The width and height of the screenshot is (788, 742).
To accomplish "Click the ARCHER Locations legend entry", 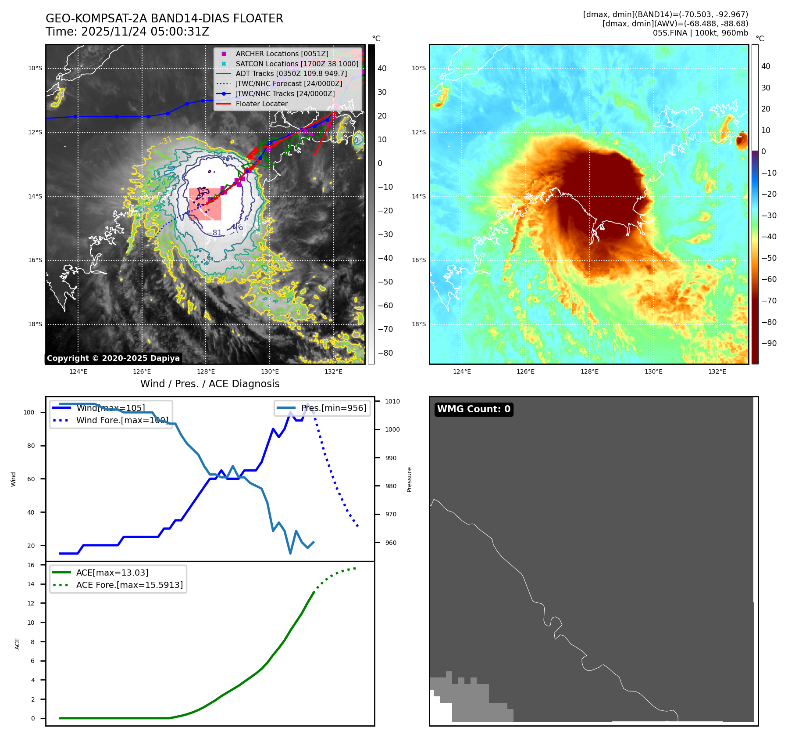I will tap(282, 54).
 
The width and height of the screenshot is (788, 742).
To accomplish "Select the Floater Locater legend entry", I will tap(261, 104).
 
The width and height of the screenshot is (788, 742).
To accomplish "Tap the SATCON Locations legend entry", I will tap(296, 64).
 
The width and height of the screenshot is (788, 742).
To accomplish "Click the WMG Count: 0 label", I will tap(474, 409).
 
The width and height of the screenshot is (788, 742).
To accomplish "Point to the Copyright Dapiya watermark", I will tap(113, 358).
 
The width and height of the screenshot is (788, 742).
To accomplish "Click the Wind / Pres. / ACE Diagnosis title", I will tap(210, 384).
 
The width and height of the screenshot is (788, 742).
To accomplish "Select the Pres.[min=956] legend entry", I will tap(333, 408).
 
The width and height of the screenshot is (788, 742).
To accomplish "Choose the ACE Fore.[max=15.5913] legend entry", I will tap(129, 585).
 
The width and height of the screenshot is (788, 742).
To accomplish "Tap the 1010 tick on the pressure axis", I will tap(392, 401).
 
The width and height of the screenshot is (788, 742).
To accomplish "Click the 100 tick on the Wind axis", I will tap(29, 412).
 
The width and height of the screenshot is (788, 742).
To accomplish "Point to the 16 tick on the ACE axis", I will tap(31, 565).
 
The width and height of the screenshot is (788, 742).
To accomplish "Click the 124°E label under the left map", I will tap(78, 372).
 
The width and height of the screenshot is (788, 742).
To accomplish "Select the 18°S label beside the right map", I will tap(418, 324).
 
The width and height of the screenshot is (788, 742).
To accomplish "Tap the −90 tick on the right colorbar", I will tap(769, 343).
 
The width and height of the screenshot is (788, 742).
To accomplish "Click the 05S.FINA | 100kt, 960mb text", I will tap(700, 33).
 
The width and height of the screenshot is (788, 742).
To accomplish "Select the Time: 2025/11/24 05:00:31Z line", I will tap(127, 32).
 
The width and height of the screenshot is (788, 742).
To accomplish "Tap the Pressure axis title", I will tap(410, 479).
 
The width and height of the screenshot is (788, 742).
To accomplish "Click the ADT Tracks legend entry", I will tap(291, 74).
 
